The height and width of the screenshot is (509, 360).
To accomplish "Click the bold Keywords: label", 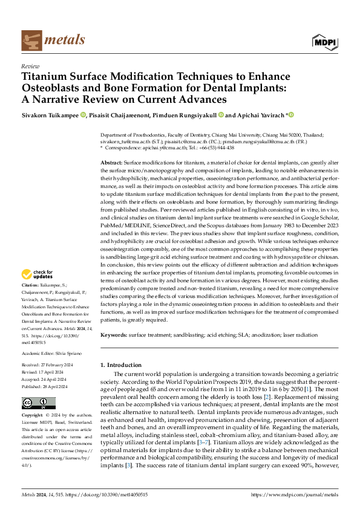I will click(114, 334).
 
